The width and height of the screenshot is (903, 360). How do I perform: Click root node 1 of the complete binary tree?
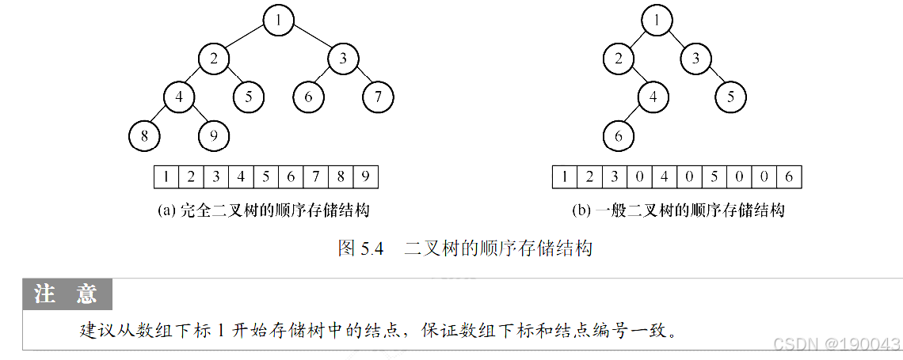279,20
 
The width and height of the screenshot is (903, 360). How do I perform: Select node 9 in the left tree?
213,136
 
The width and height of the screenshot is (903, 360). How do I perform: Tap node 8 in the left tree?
144,136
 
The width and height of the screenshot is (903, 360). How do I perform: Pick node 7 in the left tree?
379,97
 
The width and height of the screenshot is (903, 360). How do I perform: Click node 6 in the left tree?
308,97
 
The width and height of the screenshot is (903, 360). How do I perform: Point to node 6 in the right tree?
619,136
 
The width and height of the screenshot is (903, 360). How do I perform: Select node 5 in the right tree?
730,97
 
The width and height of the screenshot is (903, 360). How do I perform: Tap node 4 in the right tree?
653,97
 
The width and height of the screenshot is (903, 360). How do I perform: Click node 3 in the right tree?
695,59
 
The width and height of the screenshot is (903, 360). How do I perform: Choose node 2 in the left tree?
213,59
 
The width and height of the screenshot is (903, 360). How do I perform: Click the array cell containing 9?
365,176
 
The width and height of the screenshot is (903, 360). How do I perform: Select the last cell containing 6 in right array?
789,176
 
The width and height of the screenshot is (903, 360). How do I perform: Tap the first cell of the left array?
166,176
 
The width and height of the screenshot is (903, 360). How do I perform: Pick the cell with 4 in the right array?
664,176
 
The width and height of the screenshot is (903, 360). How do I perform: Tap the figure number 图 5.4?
361,248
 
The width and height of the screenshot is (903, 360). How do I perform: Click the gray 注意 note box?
67,294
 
